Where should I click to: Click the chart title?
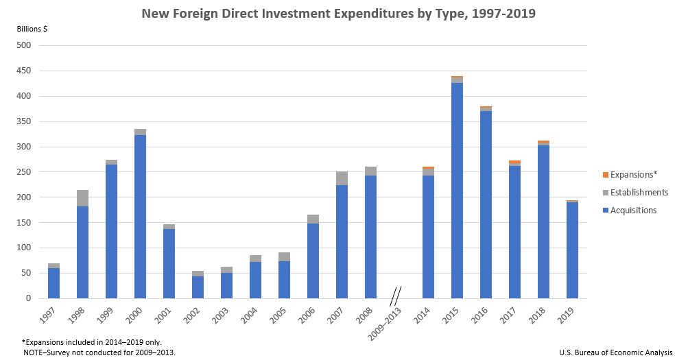point(338,13)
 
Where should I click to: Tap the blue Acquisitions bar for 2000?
point(140,217)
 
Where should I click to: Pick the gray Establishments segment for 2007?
point(342,178)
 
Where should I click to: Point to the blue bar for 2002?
point(198,287)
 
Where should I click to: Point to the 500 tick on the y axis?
point(25,46)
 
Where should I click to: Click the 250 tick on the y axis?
point(25,172)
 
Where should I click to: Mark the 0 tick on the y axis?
point(29,299)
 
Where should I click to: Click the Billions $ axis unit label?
point(32,29)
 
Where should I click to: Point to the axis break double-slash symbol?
point(395,296)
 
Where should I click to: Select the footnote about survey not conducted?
point(99,352)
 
